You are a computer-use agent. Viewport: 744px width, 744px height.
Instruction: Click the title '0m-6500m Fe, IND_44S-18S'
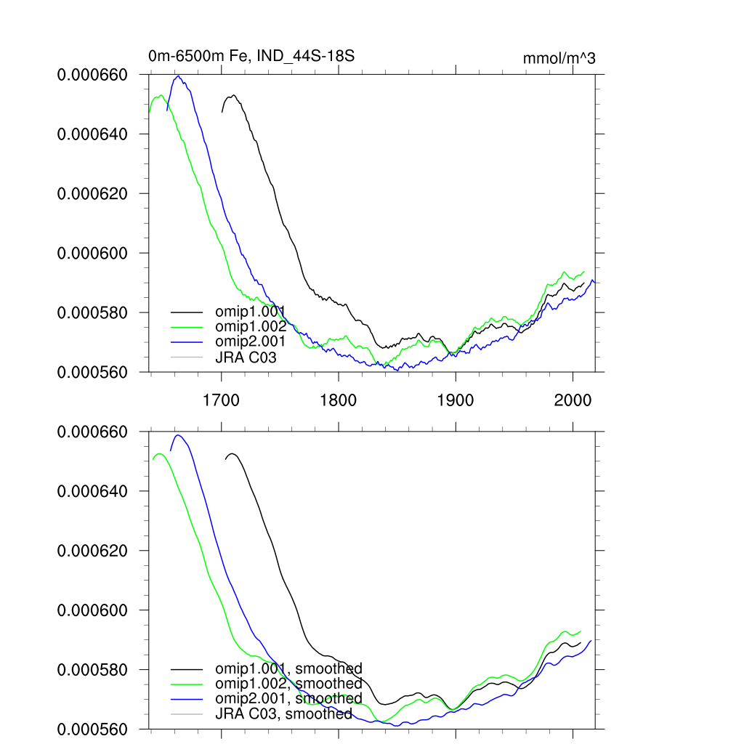coord(251,56)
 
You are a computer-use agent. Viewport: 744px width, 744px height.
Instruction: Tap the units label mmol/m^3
coord(559,59)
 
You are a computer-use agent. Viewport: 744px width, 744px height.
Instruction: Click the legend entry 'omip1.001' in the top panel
coord(250,312)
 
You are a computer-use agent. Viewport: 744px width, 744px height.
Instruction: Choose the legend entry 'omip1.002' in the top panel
coord(250,327)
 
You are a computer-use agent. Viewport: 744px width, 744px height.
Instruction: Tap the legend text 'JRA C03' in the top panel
coord(246,357)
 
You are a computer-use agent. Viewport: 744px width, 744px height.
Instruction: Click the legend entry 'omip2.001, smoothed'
coord(288,699)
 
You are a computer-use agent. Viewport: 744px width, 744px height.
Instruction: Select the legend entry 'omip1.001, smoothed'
coord(288,668)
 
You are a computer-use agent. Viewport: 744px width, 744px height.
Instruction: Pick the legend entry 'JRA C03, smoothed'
coord(283,714)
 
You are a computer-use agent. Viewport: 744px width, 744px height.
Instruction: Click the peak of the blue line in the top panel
coord(177,76)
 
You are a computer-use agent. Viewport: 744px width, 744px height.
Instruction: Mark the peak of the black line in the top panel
coord(233,95)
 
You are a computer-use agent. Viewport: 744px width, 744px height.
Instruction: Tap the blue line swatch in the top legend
coord(185,341)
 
